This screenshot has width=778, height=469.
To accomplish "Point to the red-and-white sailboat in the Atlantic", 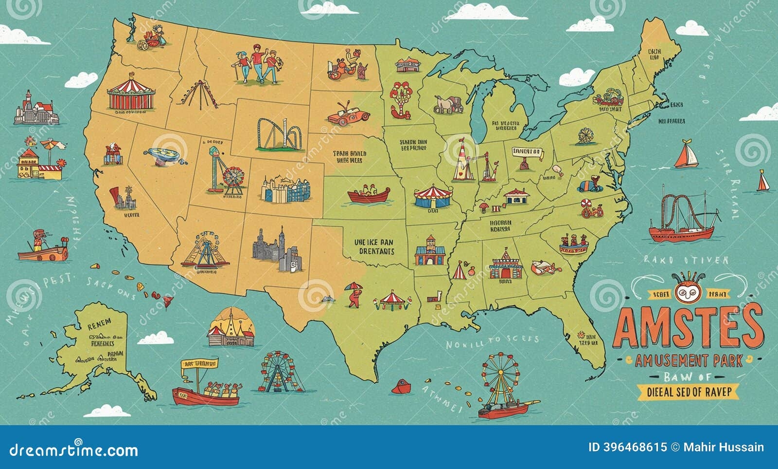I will (x=686, y=155).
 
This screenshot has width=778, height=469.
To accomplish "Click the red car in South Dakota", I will (x=349, y=115).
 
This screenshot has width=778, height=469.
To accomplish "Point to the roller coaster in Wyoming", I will (x=280, y=134).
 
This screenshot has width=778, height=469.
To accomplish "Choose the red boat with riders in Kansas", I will (x=369, y=194).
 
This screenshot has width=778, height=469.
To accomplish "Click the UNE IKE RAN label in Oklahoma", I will (x=373, y=246).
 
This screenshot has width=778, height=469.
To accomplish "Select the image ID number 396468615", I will (x=627, y=447).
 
